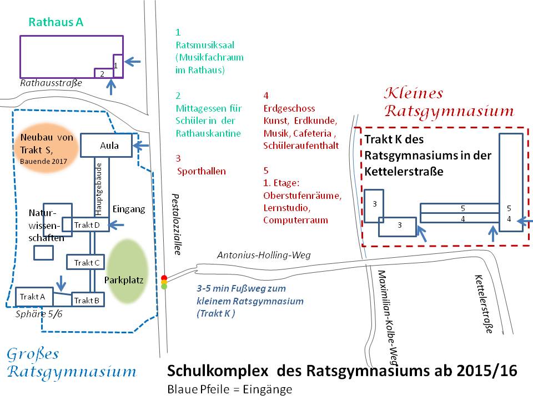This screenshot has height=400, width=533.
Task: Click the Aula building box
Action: point(107,146)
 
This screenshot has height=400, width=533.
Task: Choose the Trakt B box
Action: point(87,300)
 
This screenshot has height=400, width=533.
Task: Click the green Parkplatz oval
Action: point(127,271)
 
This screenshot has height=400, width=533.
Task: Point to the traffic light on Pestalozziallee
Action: point(164,282)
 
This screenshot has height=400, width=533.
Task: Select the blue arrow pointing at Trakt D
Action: point(119,225)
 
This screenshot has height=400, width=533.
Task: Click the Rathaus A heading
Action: point(56,23)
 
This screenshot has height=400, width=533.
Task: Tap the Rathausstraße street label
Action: point(51,83)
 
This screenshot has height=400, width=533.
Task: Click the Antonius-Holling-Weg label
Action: point(263,255)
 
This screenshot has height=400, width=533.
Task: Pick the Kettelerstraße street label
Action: point(483,304)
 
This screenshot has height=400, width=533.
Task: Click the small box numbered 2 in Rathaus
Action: point(102,73)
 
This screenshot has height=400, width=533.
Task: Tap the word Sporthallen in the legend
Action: point(202,171)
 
